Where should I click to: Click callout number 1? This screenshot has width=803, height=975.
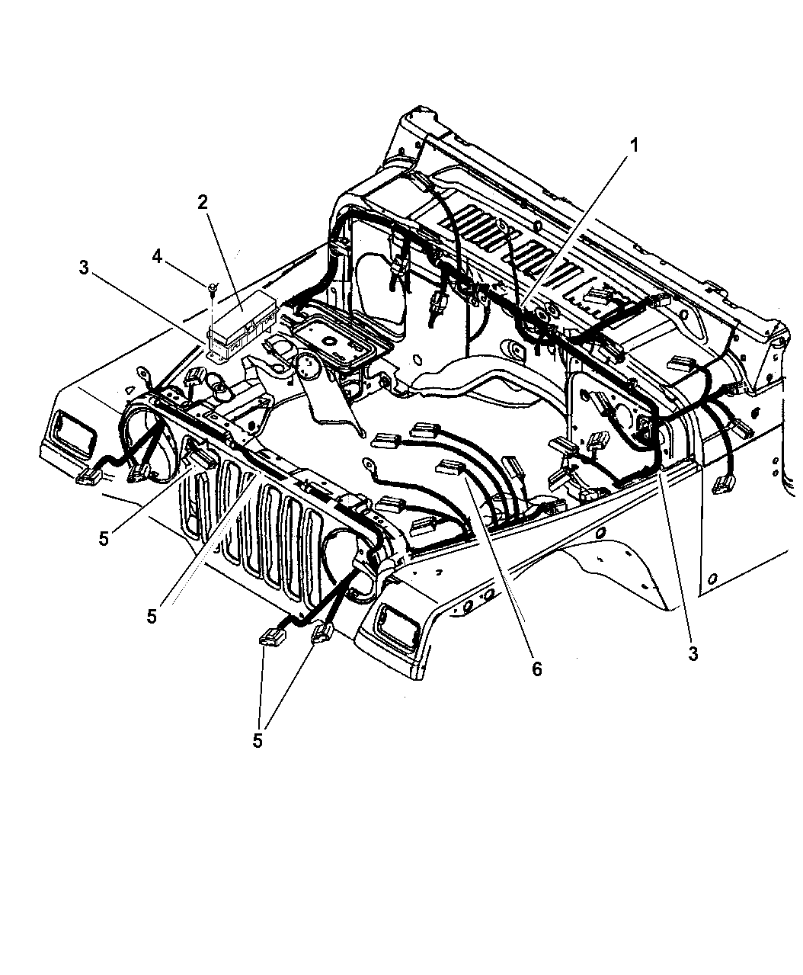tap(633, 146)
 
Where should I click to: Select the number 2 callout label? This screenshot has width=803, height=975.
tap(203, 202)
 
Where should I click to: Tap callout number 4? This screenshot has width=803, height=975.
tap(157, 256)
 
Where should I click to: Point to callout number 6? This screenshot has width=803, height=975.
tap(537, 669)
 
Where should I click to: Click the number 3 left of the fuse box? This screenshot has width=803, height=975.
tap(84, 268)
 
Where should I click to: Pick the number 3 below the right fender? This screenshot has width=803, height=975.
tap(693, 654)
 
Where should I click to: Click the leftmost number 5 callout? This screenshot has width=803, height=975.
tap(104, 538)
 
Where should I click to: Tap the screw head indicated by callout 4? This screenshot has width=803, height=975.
tap(213, 286)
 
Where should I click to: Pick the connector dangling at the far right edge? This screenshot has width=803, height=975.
tap(721, 486)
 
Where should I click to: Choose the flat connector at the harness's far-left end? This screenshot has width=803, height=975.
tap(88, 476)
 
